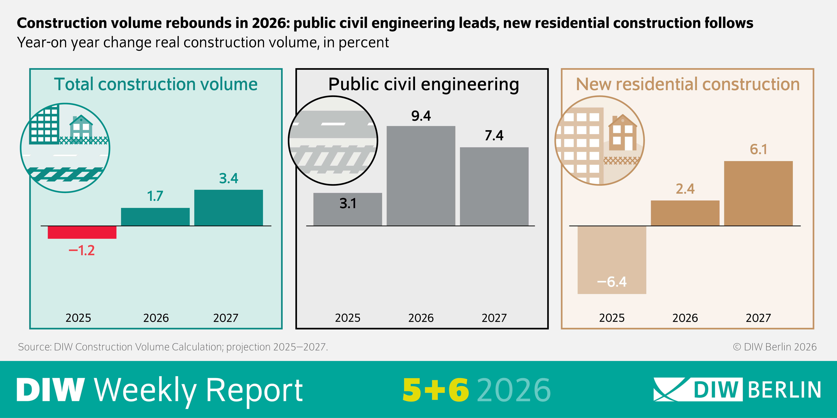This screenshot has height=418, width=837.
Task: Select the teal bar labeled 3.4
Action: pos(228,208)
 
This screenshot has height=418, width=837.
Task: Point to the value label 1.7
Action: pos(155,196)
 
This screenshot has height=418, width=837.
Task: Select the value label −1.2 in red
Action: pos(82,251)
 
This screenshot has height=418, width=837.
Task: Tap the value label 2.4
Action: pos(685,189)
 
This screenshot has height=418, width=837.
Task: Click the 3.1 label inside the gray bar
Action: pos(348,203)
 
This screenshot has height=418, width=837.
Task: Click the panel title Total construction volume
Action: pos(156,84)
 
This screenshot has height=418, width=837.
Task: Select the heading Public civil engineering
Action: pos(423,84)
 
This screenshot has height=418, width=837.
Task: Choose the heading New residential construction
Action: pos(688,84)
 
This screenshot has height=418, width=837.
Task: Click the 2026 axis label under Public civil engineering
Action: pos(421,318)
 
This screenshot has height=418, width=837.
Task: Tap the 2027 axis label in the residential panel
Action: pos(758,318)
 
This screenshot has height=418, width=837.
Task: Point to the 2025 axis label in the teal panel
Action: pos(78,318)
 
